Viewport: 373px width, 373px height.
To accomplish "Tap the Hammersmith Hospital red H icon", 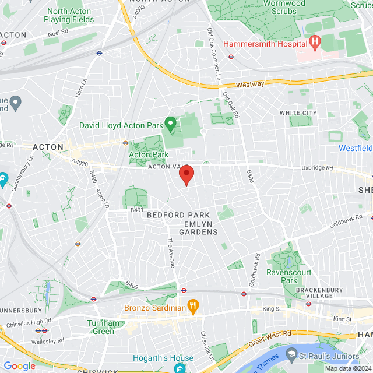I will click(315, 42).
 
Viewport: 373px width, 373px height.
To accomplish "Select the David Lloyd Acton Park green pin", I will click(171, 124).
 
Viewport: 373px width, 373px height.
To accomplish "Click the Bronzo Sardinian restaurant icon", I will click(194, 306).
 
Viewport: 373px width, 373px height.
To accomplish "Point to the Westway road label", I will click(251, 85).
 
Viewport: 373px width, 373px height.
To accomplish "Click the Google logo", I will click(19, 365).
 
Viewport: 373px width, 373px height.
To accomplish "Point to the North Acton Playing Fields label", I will click(69, 15).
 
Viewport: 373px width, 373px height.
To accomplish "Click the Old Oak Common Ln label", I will click(214, 52).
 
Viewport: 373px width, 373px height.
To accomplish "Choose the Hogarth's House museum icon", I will click(179, 367).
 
